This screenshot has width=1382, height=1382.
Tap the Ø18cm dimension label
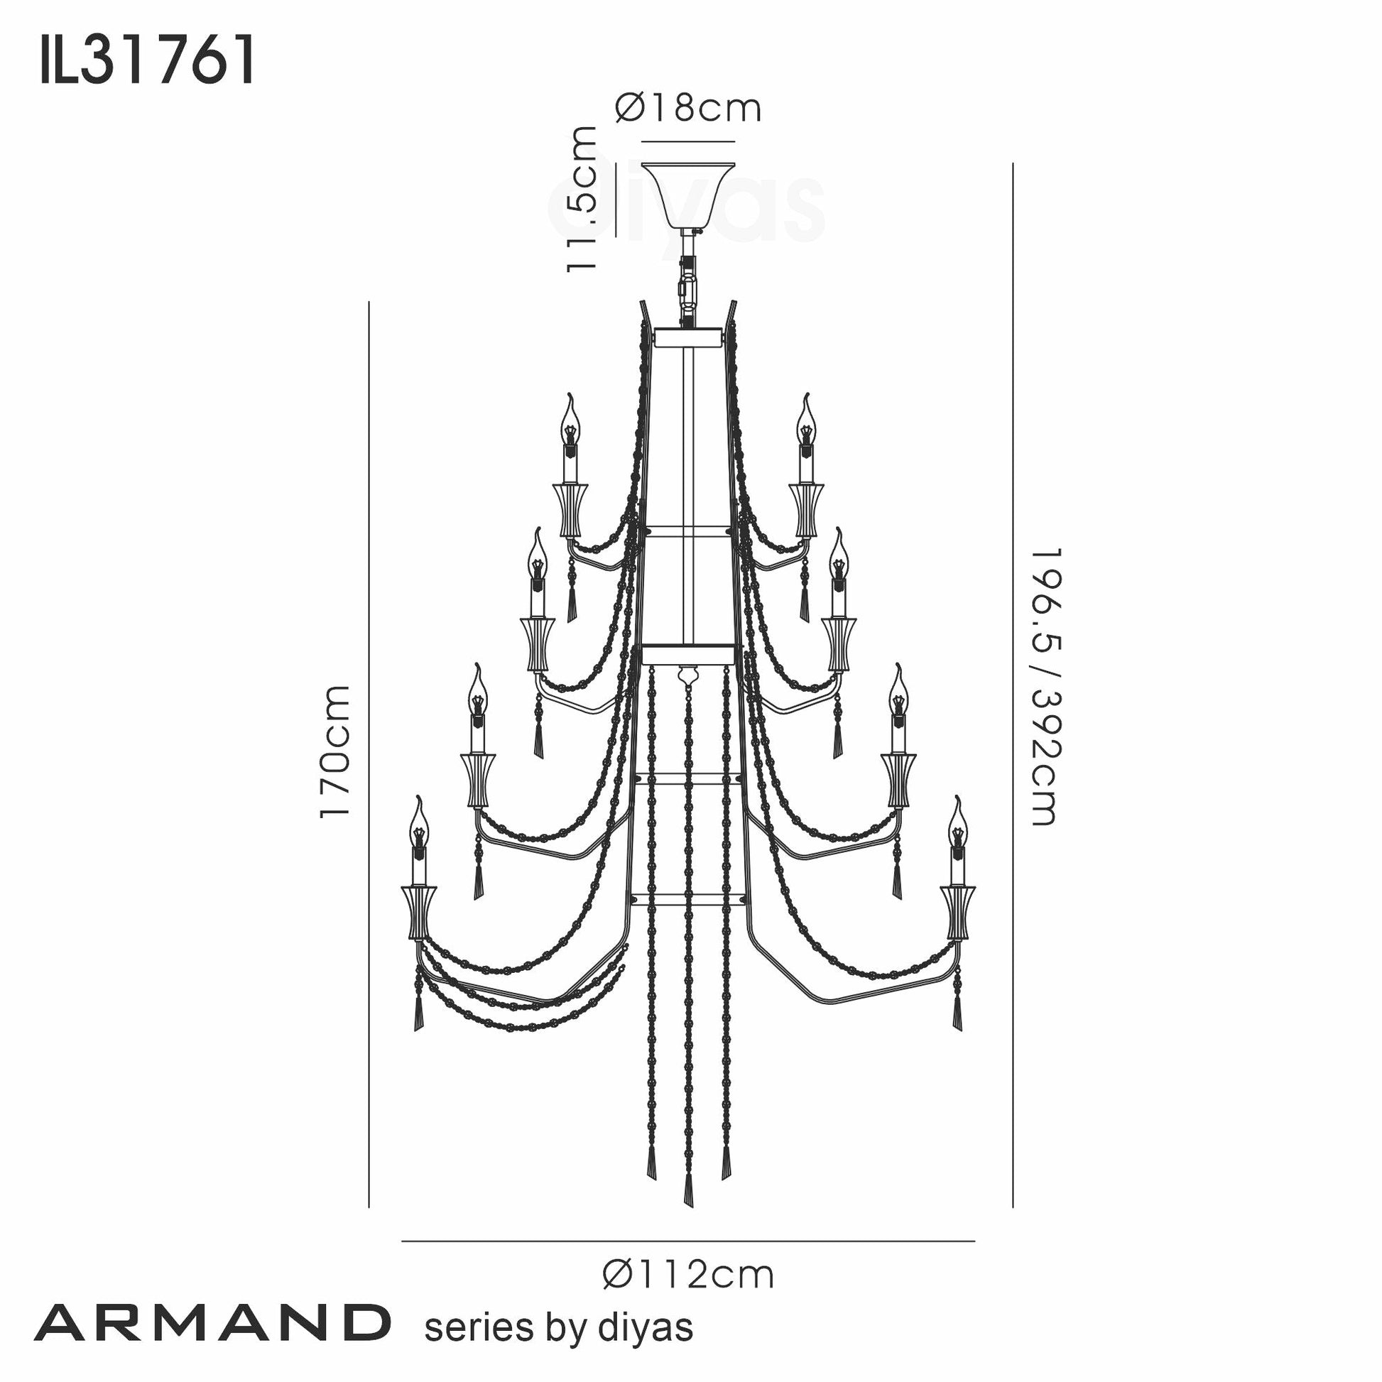(688, 108)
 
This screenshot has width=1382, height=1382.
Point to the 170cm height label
(334, 751)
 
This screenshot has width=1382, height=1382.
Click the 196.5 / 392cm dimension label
(1045, 687)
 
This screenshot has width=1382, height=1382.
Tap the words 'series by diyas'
(559, 1327)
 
